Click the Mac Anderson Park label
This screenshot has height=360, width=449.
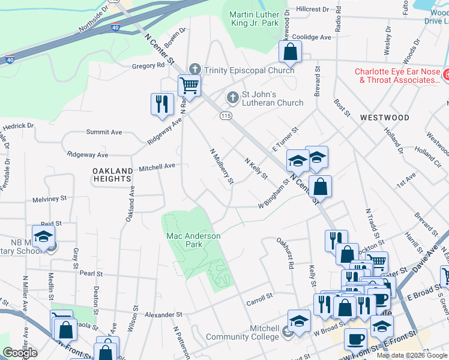193,240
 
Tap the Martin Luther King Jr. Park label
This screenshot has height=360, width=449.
255,19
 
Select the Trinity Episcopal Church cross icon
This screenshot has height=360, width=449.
194,70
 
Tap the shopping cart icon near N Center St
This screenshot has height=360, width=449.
189,85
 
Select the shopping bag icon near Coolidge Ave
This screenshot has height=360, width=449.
290,52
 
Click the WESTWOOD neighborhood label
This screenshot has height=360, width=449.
384,118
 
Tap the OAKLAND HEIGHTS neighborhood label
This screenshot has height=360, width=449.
112,175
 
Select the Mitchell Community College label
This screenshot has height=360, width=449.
243,333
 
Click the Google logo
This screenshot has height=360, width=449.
20,353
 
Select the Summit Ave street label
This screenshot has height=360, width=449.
104,132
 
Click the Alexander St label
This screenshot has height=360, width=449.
163,314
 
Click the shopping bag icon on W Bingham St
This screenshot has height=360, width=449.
321,186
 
